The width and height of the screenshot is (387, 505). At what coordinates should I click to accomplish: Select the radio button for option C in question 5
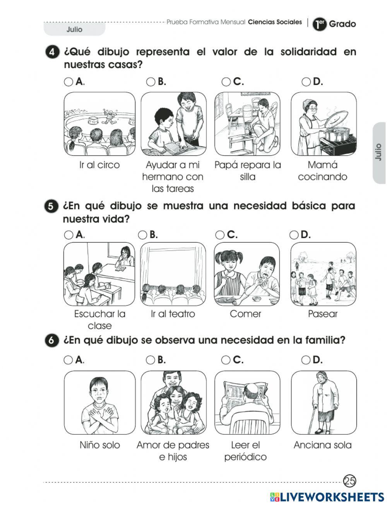(x=220, y=235)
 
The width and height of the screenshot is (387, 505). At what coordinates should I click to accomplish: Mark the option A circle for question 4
(x=68, y=82)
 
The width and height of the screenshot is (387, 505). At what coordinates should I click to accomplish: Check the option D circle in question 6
(x=306, y=360)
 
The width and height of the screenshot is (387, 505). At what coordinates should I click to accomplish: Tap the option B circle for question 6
(x=150, y=360)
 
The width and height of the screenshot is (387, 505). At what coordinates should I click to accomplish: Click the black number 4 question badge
(x=52, y=52)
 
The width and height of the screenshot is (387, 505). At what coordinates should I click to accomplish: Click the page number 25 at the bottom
(x=349, y=481)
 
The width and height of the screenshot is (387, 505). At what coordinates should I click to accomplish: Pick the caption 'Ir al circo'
(x=99, y=165)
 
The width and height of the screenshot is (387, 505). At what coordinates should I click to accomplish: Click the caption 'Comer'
(x=245, y=314)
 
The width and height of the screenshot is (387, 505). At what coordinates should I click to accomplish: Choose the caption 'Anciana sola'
(x=322, y=445)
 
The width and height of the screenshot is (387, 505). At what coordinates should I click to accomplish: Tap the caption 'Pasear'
(x=322, y=314)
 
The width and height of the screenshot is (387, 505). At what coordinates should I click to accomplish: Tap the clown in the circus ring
(x=111, y=117)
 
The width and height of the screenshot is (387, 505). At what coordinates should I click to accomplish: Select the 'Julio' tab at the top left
(x=74, y=29)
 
